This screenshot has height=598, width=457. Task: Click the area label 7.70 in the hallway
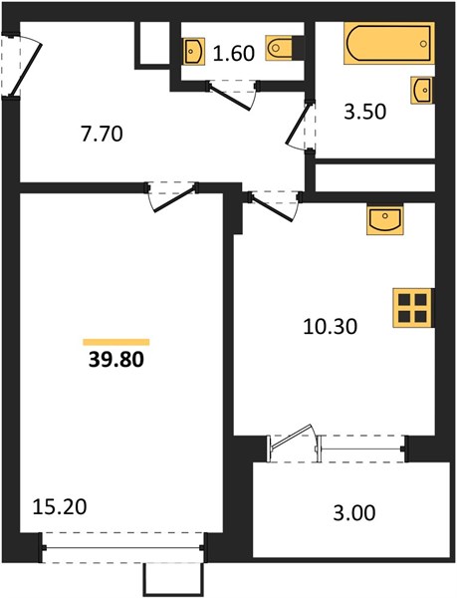103,135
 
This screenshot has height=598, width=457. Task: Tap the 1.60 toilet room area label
233,53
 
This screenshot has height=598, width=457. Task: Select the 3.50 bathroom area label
364,112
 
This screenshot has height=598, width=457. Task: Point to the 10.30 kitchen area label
331,327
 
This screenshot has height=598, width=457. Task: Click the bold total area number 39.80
116,359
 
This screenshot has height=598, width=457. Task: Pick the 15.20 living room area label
60,507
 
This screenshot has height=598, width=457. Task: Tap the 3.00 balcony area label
354,513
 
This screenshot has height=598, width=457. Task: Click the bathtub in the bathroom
389,43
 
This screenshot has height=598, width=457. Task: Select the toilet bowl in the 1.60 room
280,48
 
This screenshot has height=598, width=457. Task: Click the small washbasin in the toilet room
194,51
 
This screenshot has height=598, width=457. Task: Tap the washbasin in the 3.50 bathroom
422,90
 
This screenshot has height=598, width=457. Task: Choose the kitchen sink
385,219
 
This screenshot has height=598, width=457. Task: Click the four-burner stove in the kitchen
413,308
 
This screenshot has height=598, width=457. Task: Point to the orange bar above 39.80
116,342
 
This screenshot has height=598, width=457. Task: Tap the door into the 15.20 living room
172,196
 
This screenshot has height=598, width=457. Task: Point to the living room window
122,548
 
